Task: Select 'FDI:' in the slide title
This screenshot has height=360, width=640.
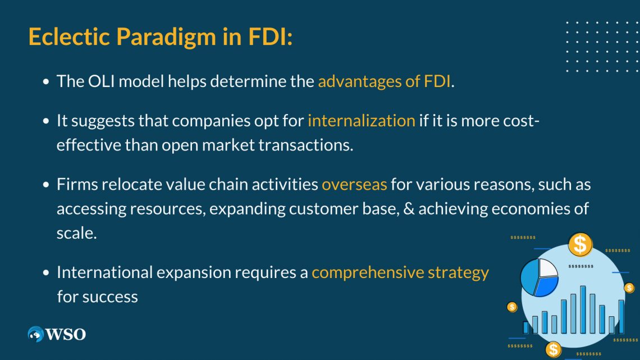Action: pyautogui.click(x=270, y=37)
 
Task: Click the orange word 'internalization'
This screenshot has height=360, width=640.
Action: pyautogui.click(x=361, y=121)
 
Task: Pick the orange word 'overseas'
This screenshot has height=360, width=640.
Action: pyautogui.click(x=354, y=185)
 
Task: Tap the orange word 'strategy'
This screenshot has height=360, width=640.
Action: pyautogui.click(x=458, y=273)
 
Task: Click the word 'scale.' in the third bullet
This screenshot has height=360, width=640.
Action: pyautogui.click(x=77, y=233)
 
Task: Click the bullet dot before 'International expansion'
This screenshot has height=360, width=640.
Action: pyautogui.click(x=46, y=273)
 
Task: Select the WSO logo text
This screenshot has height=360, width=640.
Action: pyautogui.click(x=66, y=335)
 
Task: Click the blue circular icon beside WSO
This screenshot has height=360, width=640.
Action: pyautogui.click(x=36, y=334)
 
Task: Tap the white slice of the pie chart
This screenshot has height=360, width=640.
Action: pyautogui.click(x=548, y=268)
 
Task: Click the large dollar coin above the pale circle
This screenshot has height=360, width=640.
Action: pyautogui.click(x=580, y=244)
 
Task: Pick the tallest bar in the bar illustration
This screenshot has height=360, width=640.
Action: pyautogui.click(x=583, y=309)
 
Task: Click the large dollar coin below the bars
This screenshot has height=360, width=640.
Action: pyautogui.click(x=554, y=349)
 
